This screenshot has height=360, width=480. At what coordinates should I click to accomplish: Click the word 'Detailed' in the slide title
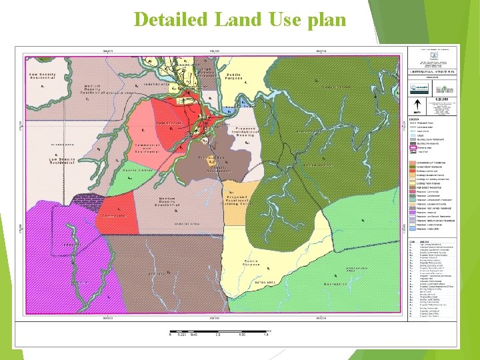[171, 19]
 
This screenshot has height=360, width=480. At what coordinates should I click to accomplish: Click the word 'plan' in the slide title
[327, 19]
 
